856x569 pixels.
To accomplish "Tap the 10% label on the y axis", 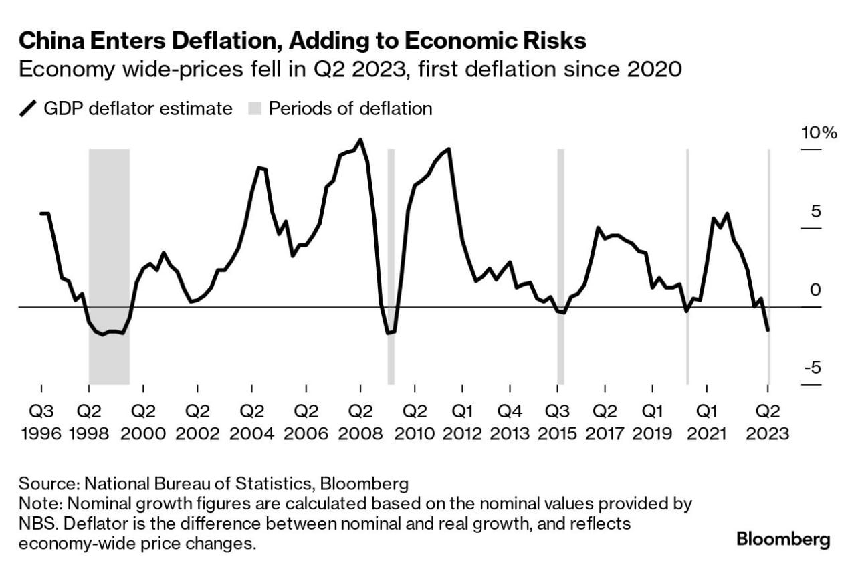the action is click(819, 133).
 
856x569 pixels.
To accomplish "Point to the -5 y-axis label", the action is click(813, 368).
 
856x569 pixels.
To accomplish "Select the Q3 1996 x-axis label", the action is click(41, 423).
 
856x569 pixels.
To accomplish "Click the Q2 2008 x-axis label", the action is click(360, 423).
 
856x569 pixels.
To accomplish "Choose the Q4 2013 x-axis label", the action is click(510, 423).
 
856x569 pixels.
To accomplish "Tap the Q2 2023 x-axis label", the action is click(768, 423).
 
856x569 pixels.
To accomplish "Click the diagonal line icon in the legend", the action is click(28, 108).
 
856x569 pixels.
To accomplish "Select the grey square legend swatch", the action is click(255, 108).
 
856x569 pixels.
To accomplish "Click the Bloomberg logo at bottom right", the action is click(783, 540).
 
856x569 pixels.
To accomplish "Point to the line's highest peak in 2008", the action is click(360, 140).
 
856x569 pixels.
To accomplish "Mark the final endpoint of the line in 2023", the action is click(768, 330).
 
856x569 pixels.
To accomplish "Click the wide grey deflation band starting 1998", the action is click(109, 267).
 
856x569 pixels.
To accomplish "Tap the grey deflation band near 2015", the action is click(560, 267).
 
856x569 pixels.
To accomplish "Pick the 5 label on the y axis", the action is click(816, 211).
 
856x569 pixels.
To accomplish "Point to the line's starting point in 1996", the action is click(41, 213).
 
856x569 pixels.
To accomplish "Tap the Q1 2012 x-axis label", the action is click(462, 423).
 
